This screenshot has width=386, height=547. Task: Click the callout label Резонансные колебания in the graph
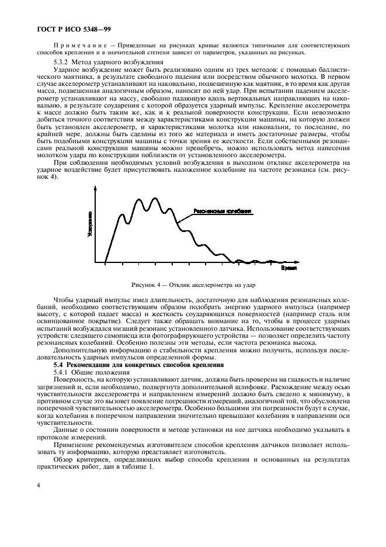point(222,212)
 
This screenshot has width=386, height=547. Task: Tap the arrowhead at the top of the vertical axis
point(95,188)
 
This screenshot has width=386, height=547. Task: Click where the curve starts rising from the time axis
point(106,262)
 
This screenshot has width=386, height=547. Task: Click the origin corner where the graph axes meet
point(95,262)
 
